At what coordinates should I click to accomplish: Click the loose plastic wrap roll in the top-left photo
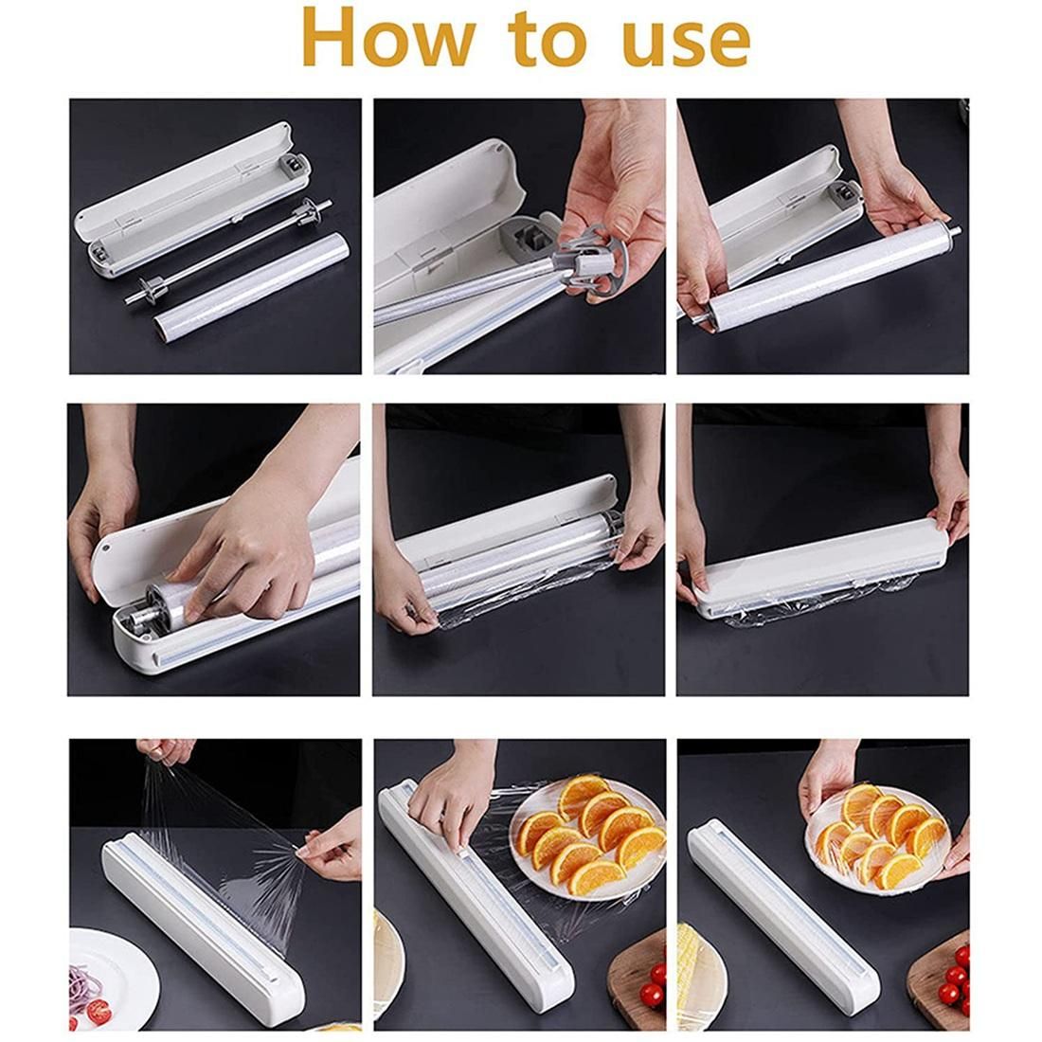coord(250,285)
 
